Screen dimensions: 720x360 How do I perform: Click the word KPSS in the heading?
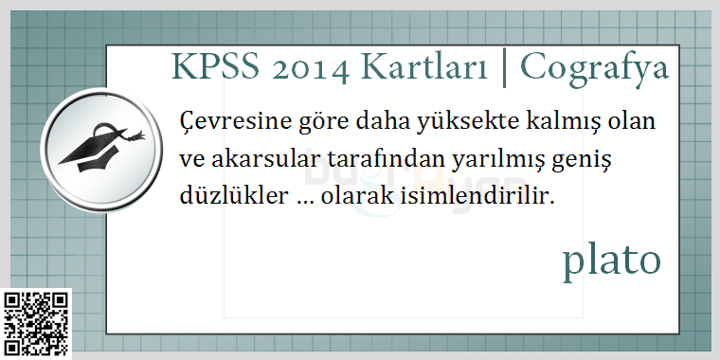click(x=215, y=67)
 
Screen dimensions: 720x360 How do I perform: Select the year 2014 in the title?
click(x=310, y=69)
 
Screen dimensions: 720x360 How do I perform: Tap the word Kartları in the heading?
click(x=423, y=67)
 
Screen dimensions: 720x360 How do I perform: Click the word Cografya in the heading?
click(x=594, y=70)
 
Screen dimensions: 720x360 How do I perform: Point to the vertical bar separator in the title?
click(x=504, y=70)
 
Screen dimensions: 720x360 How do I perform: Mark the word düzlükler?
click(x=233, y=196)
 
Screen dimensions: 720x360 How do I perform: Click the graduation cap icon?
click(x=102, y=148)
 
